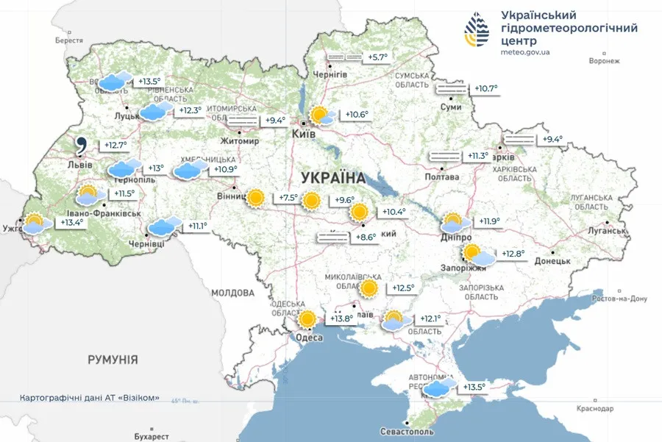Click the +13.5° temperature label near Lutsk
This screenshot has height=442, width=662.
[x=149, y=82]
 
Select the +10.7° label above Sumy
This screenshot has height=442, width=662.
[x=485, y=89]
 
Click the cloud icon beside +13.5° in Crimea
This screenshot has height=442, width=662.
[x=439, y=388]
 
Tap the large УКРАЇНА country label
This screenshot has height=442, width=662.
[x=333, y=177]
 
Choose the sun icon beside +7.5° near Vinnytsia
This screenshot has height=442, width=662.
[x=256, y=198]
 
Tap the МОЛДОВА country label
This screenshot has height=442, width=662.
[x=232, y=293]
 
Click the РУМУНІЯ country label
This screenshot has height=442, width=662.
[x=113, y=360]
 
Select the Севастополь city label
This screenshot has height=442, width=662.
[x=407, y=432]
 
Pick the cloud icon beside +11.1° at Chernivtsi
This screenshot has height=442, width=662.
[x=164, y=227]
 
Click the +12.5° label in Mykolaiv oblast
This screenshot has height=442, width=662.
[x=402, y=288]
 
